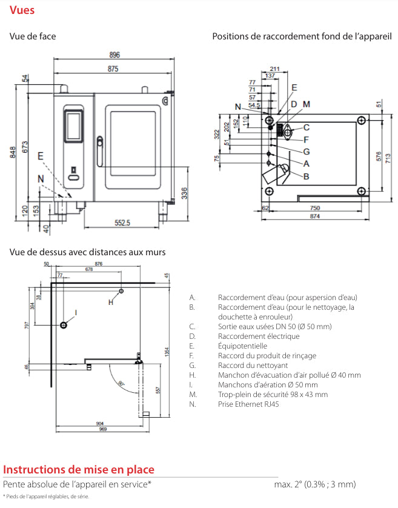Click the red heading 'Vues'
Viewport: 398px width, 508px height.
(22, 10)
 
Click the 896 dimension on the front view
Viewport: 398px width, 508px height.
(114, 55)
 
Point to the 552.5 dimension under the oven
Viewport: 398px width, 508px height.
(122, 223)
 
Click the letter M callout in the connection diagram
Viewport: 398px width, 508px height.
(307, 104)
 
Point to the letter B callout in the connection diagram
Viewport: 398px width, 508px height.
(307, 176)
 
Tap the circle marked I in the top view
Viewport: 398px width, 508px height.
(64, 325)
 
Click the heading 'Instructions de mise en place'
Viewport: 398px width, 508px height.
(79, 470)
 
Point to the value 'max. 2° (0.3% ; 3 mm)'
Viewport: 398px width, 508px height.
(314, 484)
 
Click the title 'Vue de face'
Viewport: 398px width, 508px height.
(33, 36)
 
